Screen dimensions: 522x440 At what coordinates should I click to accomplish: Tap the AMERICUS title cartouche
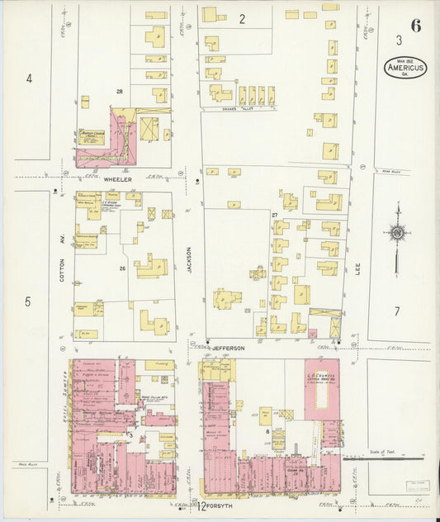click(405, 68)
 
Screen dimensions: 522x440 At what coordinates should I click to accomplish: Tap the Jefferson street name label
click(229, 349)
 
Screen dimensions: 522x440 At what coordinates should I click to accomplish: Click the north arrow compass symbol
click(397, 235)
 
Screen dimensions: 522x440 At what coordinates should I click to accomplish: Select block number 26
click(121, 268)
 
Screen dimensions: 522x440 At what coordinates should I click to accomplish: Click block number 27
click(273, 215)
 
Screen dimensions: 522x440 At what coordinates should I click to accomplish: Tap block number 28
click(120, 91)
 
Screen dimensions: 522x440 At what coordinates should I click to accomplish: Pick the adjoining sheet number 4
click(29, 79)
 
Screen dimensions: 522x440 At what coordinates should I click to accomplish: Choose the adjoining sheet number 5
click(28, 301)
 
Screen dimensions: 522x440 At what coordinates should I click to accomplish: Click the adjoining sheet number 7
click(397, 311)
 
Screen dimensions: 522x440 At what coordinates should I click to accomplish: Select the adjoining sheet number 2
click(242, 18)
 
